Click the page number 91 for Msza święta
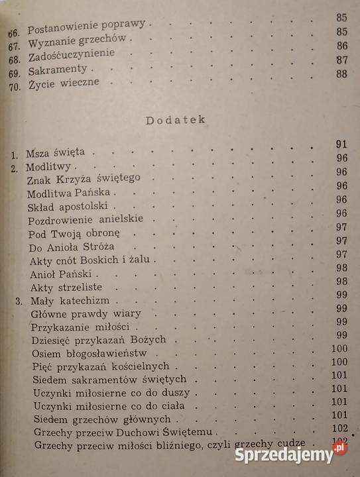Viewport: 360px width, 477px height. point(342,144)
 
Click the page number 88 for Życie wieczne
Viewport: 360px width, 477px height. point(341,74)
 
